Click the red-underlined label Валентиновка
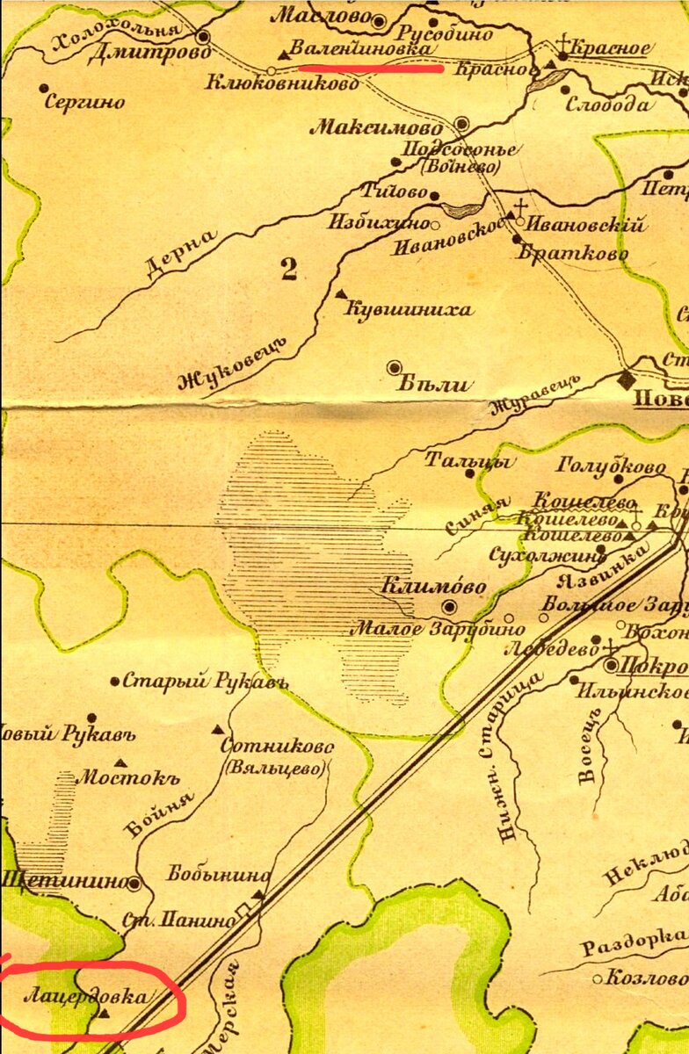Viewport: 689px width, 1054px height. point(362,49)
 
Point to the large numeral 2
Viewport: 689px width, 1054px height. point(289,270)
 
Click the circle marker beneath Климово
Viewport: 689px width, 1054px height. point(450,607)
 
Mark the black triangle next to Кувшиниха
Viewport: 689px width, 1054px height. point(340,293)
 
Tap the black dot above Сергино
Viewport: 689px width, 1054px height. point(44,88)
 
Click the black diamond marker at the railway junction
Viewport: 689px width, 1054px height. point(626,379)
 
